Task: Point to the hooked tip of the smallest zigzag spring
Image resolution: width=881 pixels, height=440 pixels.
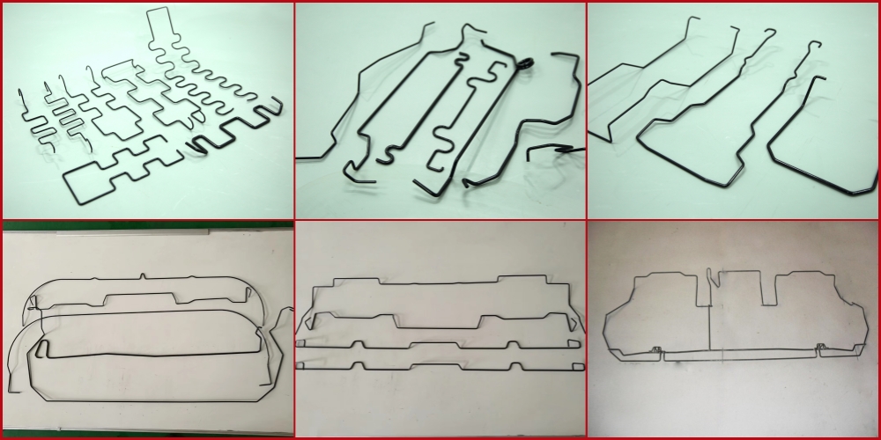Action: (x=19, y=92)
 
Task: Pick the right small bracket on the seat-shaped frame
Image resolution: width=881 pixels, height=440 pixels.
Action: (x=819, y=349)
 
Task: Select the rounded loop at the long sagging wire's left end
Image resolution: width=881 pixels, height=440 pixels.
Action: (x=41, y=351)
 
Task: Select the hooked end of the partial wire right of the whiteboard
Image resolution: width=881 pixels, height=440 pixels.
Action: (x=285, y=312)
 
